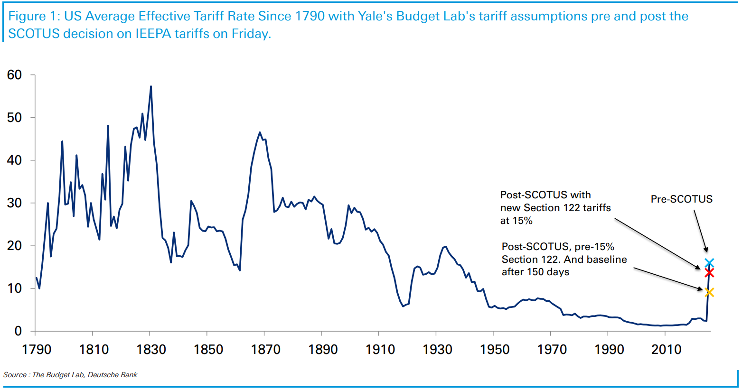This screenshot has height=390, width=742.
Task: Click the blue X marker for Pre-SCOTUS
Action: [709, 263]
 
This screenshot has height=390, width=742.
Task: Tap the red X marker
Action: [709, 273]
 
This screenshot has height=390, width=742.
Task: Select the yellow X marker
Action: [709, 292]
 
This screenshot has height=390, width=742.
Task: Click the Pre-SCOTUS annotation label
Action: [681, 199]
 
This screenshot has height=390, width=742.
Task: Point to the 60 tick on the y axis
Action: [15, 75]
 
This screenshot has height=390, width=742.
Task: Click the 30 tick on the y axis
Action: [15, 203]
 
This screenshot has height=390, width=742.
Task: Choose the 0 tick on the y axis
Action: [18, 331]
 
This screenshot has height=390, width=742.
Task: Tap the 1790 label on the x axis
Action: [37, 350]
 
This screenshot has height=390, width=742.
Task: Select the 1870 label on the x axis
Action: [265, 350]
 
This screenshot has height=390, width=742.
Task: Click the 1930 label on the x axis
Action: [437, 350]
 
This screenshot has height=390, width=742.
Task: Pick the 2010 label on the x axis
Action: [666, 350]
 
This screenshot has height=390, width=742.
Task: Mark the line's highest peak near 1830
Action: [151, 86]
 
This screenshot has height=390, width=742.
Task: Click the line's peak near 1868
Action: [260, 132]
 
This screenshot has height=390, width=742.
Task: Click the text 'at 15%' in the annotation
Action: [517, 221]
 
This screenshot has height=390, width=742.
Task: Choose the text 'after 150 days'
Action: [535, 272]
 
